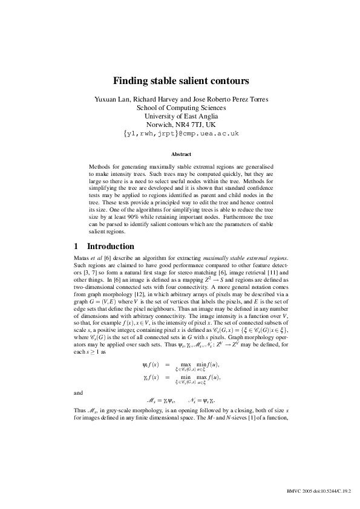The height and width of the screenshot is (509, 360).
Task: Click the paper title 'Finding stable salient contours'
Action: pyautogui.click(x=180, y=80)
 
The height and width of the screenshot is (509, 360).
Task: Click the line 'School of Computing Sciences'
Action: pyautogui.click(x=180, y=108)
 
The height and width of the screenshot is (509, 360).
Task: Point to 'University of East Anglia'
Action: pyautogui.click(x=180, y=116)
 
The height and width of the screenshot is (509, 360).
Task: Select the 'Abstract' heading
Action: pyautogui.click(x=180, y=154)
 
